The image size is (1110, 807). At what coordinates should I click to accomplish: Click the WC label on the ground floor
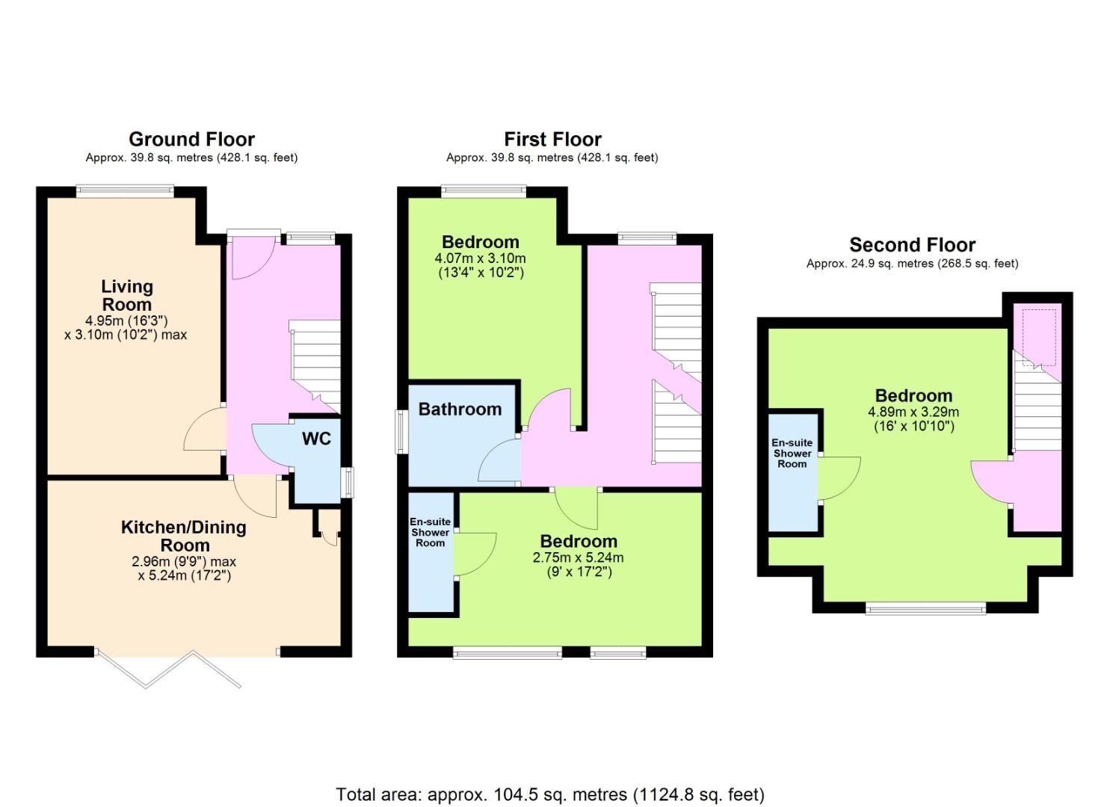coord(316,439)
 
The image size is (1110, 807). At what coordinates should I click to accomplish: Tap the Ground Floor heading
coord(192,139)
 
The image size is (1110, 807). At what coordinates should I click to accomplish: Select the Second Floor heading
coord(912,245)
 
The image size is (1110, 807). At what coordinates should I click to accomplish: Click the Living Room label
coord(127,295)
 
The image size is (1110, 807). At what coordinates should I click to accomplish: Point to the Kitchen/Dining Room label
coord(184,536)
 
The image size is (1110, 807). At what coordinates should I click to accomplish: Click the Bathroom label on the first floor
coord(460,409)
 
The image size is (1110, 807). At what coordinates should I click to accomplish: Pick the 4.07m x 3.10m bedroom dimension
coord(480,265)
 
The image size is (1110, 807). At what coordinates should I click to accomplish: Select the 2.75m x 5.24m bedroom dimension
coord(579,564)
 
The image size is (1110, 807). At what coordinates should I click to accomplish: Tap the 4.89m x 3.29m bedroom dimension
coord(913,418)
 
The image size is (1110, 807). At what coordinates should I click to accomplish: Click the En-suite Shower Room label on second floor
coord(792,454)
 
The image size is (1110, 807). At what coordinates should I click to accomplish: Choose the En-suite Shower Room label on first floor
coord(430,533)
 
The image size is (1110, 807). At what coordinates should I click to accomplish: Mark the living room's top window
coord(125,191)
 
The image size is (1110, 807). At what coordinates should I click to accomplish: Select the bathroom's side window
coord(401,431)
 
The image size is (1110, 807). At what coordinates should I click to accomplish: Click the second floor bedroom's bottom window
coord(925,608)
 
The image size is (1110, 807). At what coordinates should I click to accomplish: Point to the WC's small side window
coord(349,482)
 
